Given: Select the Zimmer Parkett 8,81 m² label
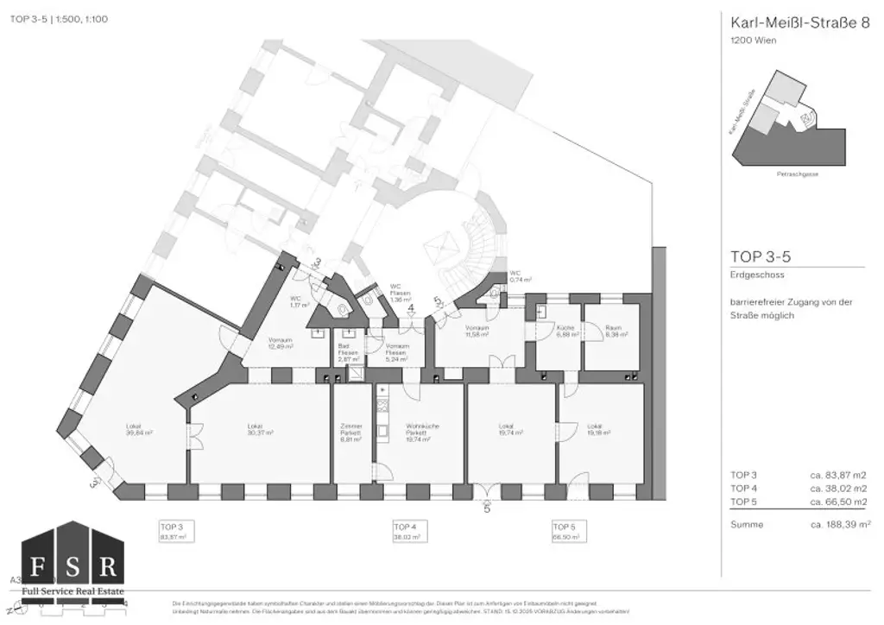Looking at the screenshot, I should pyautogui.click(x=351, y=432).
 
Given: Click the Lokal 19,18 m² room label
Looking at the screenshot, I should pyautogui.click(x=595, y=429).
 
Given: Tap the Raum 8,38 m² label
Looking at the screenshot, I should pyautogui.click(x=613, y=331).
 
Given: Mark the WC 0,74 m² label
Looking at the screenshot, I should pyautogui.click(x=521, y=276).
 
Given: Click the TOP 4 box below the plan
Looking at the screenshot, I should pyautogui.click(x=407, y=531).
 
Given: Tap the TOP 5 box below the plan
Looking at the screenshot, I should pyautogui.click(x=565, y=531).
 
